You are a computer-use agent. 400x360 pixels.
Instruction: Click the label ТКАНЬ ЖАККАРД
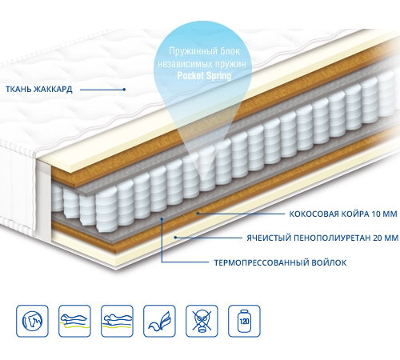point(39,89)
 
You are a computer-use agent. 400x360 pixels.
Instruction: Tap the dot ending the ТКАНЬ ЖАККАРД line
point(124,90)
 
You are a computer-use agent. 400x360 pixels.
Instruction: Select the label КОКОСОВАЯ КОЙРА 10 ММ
point(343,214)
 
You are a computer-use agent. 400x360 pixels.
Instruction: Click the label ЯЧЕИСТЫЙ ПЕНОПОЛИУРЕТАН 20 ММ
point(322,238)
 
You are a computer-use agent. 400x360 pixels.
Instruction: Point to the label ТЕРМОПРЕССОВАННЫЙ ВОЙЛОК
point(281,262)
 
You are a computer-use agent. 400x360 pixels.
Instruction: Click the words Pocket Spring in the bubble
point(204,76)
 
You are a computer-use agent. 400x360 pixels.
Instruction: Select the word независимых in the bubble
point(182,64)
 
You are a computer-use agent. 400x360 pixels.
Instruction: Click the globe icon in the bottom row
point(32,321)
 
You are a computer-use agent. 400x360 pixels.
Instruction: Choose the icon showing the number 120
point(244,321)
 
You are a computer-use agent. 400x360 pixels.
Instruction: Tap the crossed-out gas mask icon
point(202,321)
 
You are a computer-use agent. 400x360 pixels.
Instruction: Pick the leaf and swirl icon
point(159,321)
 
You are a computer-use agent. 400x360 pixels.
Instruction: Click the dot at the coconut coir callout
point(198,214)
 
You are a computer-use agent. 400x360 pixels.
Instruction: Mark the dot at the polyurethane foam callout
point(175,237)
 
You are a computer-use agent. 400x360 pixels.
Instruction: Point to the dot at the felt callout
point(162,218)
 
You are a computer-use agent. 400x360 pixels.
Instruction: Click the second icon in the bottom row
point(74,321)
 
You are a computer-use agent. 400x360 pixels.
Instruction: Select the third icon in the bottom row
point(117,321)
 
